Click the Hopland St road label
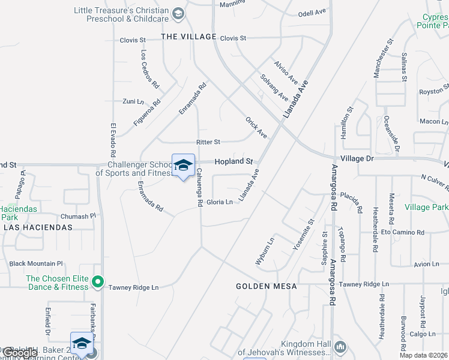pyautogui.click(x=234, y=161)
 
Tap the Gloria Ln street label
pyautogui.click(x=220, y=202)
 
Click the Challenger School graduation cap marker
pyautogui.click(x=183, y=165)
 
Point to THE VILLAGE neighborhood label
pyautogui.click(x=188, y=37)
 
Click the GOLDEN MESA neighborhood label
pyautogui.click(x=266, y=286)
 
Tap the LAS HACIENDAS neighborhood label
pyautogui.click(x=38, y=227)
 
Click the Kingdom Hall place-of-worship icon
pyautogui.click(x=340, y=346)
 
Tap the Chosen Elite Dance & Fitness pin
pyautogui.click(x=98, y=281)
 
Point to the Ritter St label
pyautogui.click(x=208, y=142)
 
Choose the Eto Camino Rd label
pyautogui.click(x=403, y=232)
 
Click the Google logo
pyautogui.click(x=20, y=353)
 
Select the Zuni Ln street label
pyautogui.click(x=133, y=101)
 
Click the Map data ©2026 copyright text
pyautogui.click(x=424, y=355)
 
